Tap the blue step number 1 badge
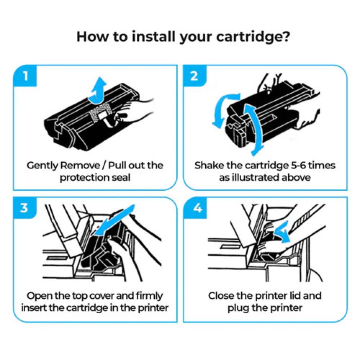pyautogui.click(x=25, y=76)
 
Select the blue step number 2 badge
pyautogui.click(x=194, y=76)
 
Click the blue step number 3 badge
pyautogui.click(x=25, y=208)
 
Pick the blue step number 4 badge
pyautogui.click(x=194, y=208)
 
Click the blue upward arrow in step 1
pyautogui.click(x=98, y=88)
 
